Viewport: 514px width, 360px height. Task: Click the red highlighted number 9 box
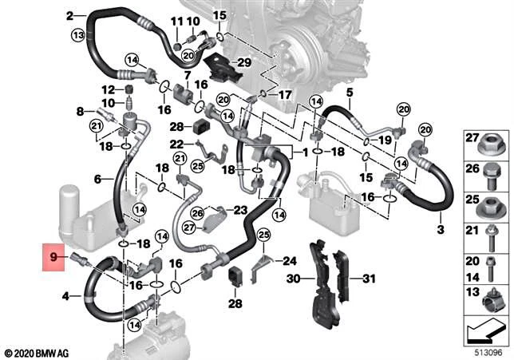point(54,258)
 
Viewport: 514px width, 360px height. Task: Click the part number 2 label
point(70,15)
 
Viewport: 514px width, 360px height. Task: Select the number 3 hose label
point(439,230)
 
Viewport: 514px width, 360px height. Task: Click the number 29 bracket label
point(244,62)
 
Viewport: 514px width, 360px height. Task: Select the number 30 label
point(294,278)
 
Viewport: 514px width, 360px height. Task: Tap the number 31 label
point(368,278)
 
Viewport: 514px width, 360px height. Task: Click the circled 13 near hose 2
point(77,35)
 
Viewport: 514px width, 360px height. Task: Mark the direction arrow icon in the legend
point(487,328)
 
